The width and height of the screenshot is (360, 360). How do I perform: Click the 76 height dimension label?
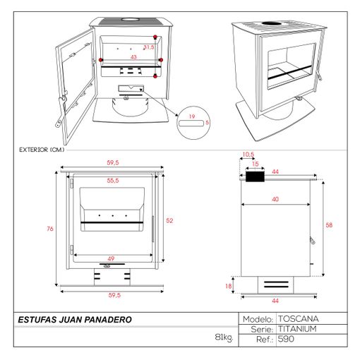50,229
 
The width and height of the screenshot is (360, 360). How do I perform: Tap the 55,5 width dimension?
113,181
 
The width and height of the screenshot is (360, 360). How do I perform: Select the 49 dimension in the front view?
111,258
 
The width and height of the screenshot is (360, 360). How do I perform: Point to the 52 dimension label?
169,220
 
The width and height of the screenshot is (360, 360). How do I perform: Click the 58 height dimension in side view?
329,225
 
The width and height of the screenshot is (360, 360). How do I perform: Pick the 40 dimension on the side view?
275,199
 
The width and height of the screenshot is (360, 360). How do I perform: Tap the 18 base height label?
229,286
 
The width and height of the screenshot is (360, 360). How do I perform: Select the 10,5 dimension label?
248,155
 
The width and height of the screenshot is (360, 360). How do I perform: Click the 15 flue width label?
256,164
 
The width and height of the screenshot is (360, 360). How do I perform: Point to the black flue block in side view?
256,176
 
